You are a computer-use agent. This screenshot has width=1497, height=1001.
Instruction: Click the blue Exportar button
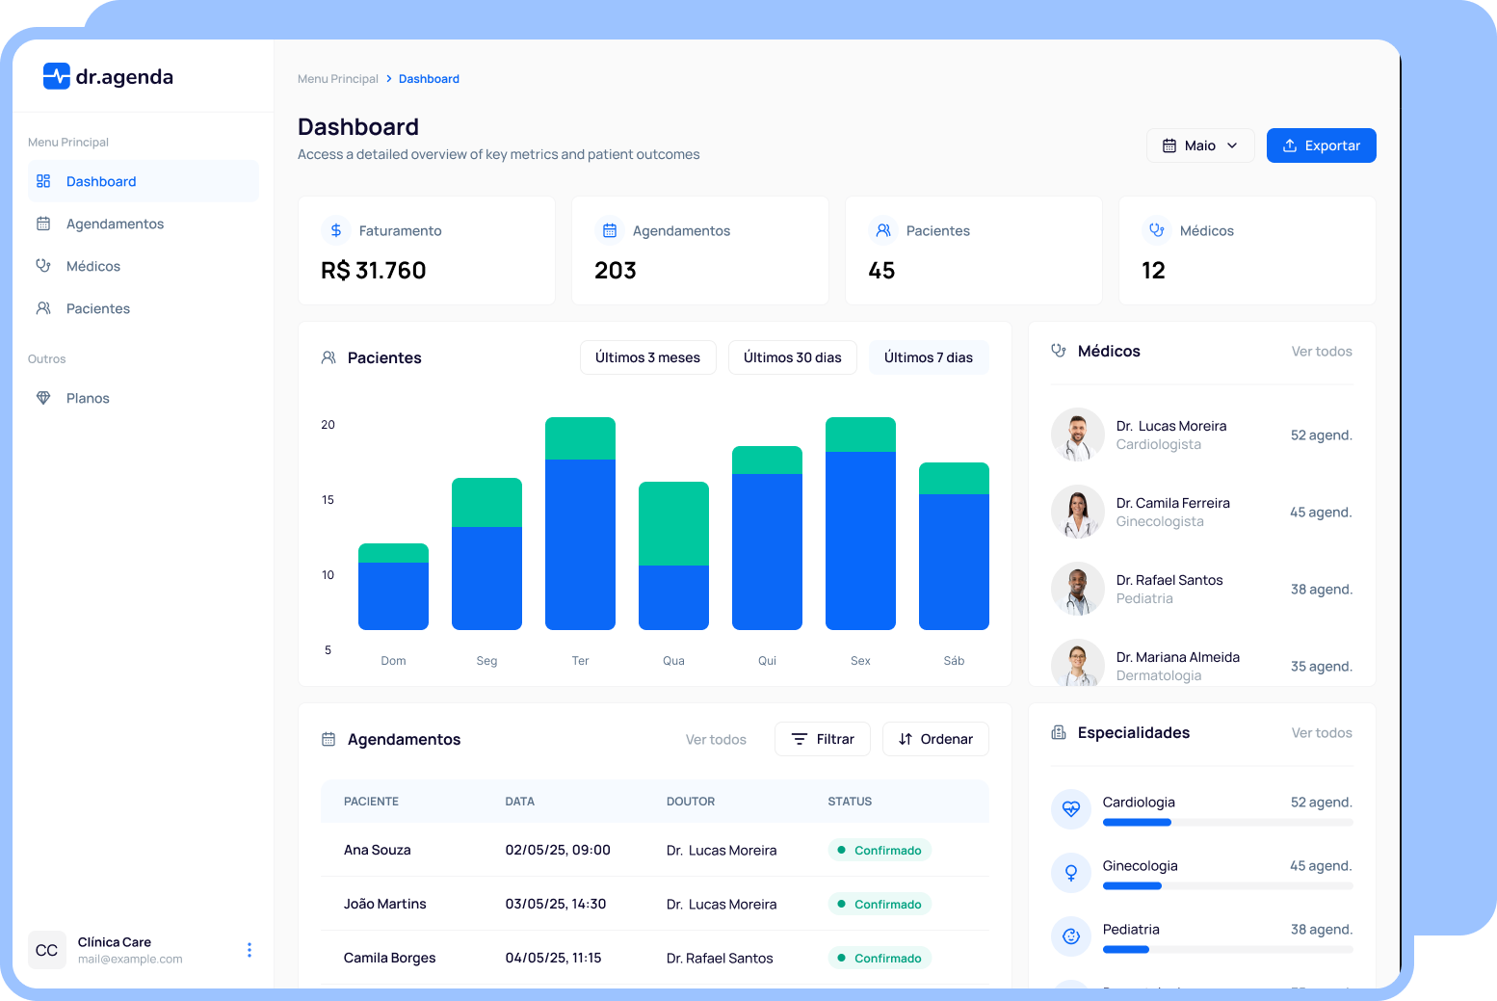coord(1321,145)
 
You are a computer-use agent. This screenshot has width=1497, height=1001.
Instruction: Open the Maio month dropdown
coord(1199,145)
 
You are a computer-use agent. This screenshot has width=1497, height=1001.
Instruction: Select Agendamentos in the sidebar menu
coord(115,224)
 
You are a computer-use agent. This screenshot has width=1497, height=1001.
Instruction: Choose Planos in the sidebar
coord(88,398)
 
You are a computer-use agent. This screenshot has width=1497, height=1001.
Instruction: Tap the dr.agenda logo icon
coord(57,76)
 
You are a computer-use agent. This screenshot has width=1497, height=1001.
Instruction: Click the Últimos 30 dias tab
coord(792,357)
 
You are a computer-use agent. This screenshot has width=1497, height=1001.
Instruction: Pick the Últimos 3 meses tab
coord(647,357)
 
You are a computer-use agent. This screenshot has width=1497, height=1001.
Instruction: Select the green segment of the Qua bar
coord(673,523)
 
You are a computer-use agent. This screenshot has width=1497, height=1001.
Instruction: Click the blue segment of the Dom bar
coord(393,595)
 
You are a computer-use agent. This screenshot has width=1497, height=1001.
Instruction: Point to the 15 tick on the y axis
coord(328,499)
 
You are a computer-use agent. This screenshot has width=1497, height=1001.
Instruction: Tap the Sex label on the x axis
coord(860,661)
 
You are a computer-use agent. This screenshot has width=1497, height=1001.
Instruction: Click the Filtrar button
coord(823,739)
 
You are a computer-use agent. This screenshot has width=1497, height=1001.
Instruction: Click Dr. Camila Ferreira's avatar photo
coord(1077,512)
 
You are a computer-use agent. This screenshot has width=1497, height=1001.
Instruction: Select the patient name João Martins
coord(385,904)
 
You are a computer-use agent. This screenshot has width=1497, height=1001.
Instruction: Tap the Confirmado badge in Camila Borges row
coord(880,958)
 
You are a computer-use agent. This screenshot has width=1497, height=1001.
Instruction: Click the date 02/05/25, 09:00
coord(558,850)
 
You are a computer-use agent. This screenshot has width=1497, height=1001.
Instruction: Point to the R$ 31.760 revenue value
coord(374,271)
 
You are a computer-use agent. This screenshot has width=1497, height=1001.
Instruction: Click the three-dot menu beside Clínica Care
coord(249,950)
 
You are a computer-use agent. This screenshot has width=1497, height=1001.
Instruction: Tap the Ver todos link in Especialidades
coord(1322,733)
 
